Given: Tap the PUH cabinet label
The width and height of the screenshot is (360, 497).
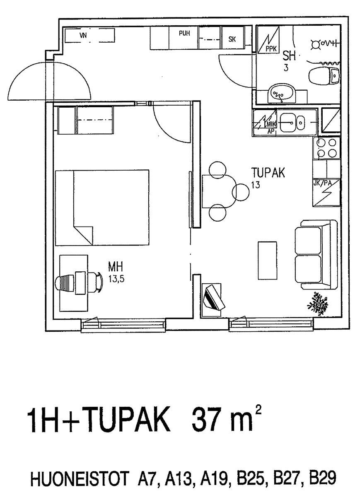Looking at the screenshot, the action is point(184,33).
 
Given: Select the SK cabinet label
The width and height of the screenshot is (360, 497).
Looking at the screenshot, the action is point(232,39).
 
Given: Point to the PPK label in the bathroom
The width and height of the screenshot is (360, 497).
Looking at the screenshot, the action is point(271,49).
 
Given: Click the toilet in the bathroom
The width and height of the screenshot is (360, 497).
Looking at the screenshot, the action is point(324,76).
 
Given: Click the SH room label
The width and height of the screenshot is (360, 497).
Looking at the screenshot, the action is point(289,56).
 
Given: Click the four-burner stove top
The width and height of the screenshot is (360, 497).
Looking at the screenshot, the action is point(326,148).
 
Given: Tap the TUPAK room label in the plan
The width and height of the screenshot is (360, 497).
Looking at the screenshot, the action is point(268,173).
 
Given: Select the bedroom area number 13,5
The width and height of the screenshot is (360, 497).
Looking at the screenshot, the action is point(116,278).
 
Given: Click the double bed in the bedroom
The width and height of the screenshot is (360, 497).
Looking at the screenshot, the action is point(102,207).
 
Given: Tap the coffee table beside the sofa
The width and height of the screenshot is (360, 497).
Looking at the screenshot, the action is point(268,261).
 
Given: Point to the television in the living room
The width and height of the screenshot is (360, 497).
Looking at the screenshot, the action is point(214,298).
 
